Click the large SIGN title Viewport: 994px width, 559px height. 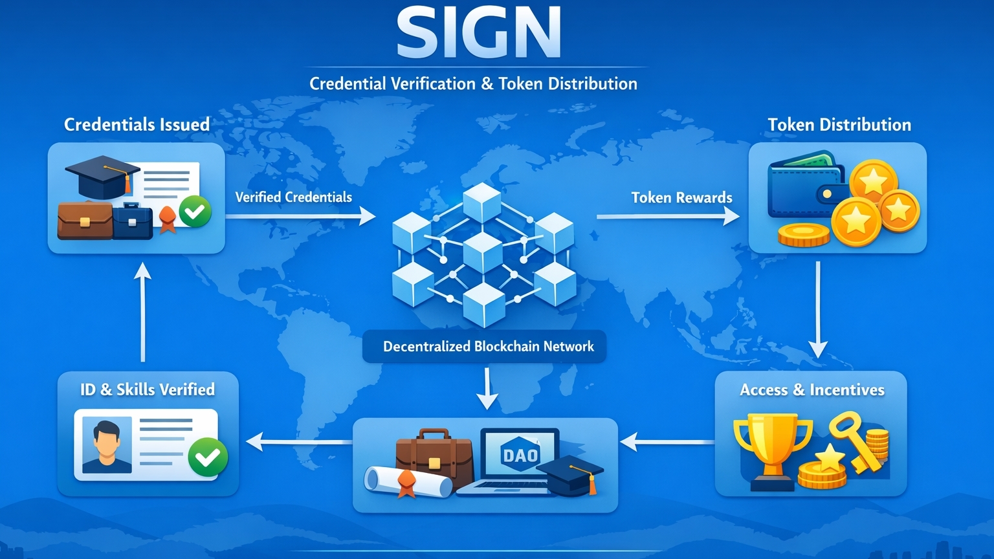[x=478, y=33]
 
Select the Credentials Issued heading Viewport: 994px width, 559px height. [x=137, y=124]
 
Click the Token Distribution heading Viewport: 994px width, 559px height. [x=839, y=124]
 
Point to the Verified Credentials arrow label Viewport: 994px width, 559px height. [x=293, y=197]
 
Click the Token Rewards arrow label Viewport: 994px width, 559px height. [x=681, y=197]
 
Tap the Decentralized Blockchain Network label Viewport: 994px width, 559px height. [x=488, y=346]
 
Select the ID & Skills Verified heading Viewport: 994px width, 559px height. [x=148, y=389]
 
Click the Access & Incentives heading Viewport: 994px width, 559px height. [x=812, y=389]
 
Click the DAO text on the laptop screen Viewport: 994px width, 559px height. [x=520, y=455]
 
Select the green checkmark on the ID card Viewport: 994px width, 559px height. [x=207, y=457]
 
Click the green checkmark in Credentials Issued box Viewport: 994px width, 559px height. [x=195, y=211]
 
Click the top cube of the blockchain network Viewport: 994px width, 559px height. [x=482, y=201]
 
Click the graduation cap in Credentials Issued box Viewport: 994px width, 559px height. [x=102, y=176]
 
